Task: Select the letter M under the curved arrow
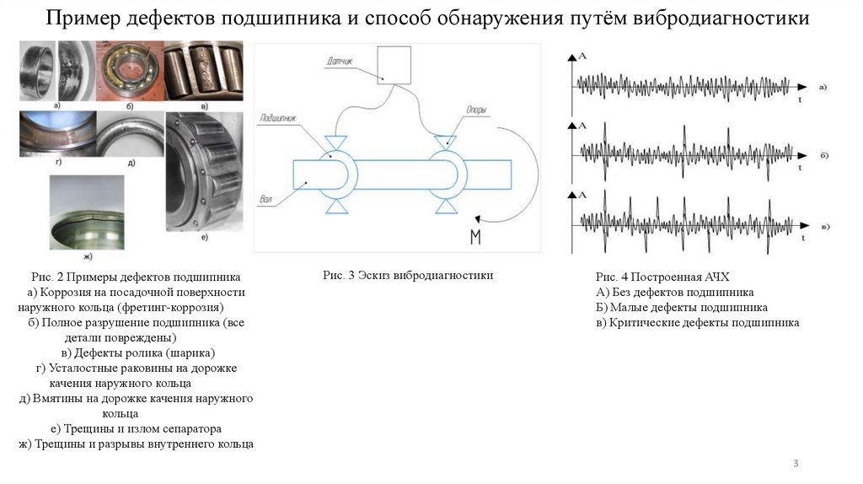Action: coord(475,237)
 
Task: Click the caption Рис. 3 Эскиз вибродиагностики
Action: coord(407,276)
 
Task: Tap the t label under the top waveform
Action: coord(799,99)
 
